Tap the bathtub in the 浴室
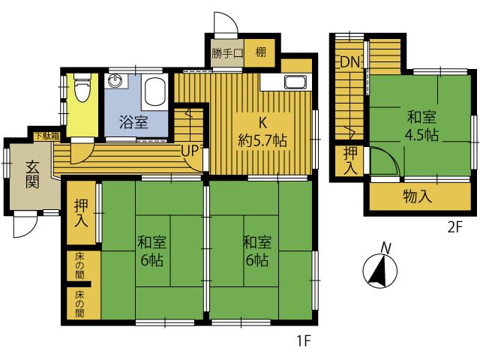click(155, 91)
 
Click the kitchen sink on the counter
click(295, 82)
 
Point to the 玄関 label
click(32, 174)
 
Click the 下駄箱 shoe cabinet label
click(46, 136)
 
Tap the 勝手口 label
click(226, 53)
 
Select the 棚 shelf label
click(260, 52)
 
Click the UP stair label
click(190, 151)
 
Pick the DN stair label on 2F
click(349, 62)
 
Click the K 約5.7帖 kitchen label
click(262, 132)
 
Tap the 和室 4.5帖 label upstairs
click(421, 126)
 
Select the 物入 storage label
click(417, 196)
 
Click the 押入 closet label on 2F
click(350, 160)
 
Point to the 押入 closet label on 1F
click(81, 213)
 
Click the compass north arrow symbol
click(380, 270)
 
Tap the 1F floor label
click(304, 340)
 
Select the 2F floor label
click(454, 226)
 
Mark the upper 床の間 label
click(79, 265)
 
